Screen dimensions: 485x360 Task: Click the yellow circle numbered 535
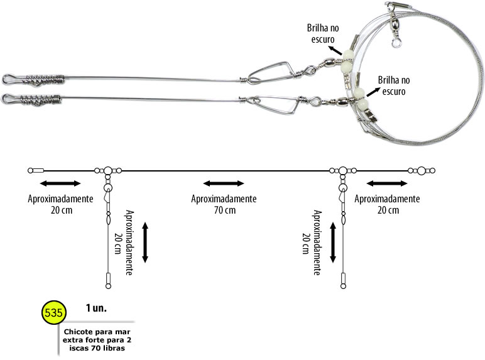[x=54, y=312]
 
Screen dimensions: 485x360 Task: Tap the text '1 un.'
[x=96, y=308]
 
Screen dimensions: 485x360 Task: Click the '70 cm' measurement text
[x=225, y=210]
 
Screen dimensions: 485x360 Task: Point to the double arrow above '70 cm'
[x=224, y=183]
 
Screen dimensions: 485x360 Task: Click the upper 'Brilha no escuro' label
[x=323, y=33]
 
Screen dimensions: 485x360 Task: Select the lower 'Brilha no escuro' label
[x=394, y=85]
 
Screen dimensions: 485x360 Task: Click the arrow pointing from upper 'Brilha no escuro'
[x=335, y=50]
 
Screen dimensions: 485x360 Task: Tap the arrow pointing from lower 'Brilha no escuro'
[x=373, y=92]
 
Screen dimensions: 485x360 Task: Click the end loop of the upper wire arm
[x=9, y=79]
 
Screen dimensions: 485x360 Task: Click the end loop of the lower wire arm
[x=8, y=99]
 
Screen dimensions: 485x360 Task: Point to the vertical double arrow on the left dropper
[x=145, y=243]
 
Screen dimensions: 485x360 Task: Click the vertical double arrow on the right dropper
[x=333, y=243]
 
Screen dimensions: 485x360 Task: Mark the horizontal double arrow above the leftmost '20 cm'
[x=60, y=183]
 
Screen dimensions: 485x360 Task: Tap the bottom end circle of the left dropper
[x=108, y=286]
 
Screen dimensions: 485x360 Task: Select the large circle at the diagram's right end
[x=422, y=171]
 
